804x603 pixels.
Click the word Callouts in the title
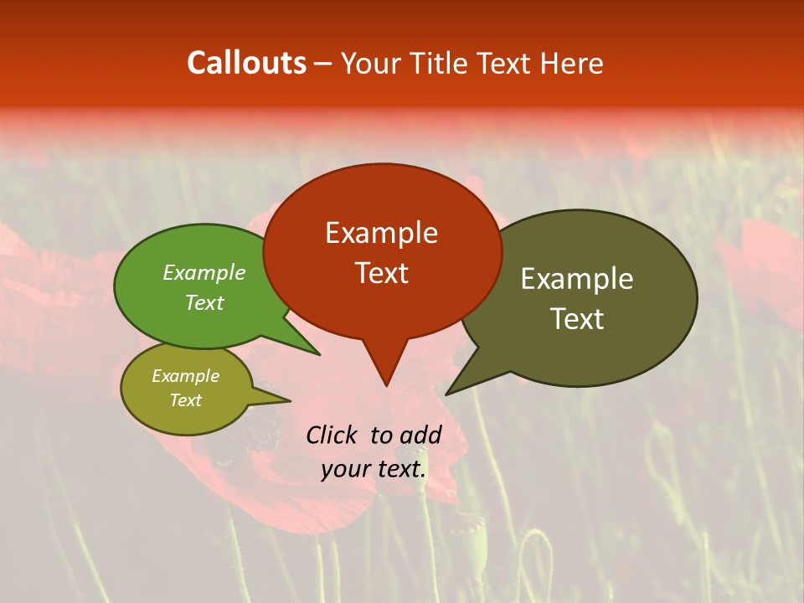click(x=246, y=63)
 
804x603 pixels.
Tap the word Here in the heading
click(x=573, y=64)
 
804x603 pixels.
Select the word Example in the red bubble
click(x=381, y=233)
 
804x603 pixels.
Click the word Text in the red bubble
click(x=381, y=273)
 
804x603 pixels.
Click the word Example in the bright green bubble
click(x=204, y=273)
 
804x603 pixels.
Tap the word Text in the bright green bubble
click(x=204, y=303)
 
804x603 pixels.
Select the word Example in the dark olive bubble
click(x=577, y=279)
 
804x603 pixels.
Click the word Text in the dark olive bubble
click(x=577, y=319)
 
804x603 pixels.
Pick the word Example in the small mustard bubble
click(x=186, y=377)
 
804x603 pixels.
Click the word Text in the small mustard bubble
click(x=186, y=400)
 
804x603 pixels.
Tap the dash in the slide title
click(x=323, y=64)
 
